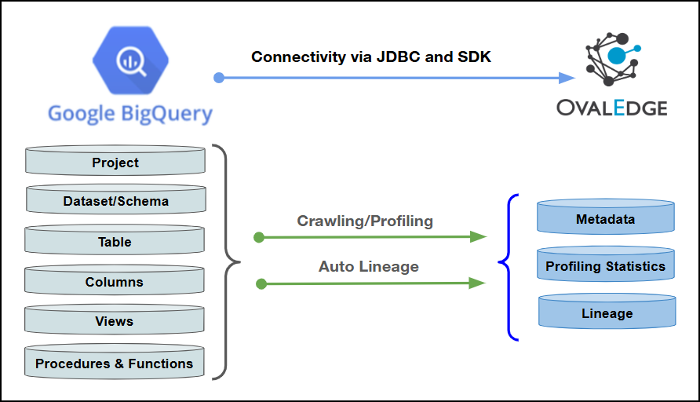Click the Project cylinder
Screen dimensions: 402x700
click(x=115, y=162)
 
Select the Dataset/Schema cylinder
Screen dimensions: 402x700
click(x=115, y=200)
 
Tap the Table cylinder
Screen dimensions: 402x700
click(x=115, y=241)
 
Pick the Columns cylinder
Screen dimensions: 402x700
click(x=115, y=281)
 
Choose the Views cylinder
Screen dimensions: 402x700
click(x=115, y=320)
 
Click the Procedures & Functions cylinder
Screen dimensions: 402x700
click(x=115, y=363)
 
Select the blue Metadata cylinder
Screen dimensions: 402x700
click(x=605, y=218)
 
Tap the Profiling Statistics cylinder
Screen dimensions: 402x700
click(x=605, y=265)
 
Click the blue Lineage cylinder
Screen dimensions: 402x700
click(x=607, y=312)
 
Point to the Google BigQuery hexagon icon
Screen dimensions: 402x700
click(x=129, y=60)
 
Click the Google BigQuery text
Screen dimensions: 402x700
click(x=130, y=113)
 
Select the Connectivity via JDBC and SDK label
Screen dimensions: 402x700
click(x=371, y=57)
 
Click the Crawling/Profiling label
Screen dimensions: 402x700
click(x=365, y=221)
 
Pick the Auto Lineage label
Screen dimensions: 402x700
click(x=368, y=266)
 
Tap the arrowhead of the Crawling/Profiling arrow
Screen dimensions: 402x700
click(x=478, y=236)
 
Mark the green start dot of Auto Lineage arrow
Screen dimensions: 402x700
click(x=261, y=283)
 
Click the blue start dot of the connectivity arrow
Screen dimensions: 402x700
click(x=219, y=78)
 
